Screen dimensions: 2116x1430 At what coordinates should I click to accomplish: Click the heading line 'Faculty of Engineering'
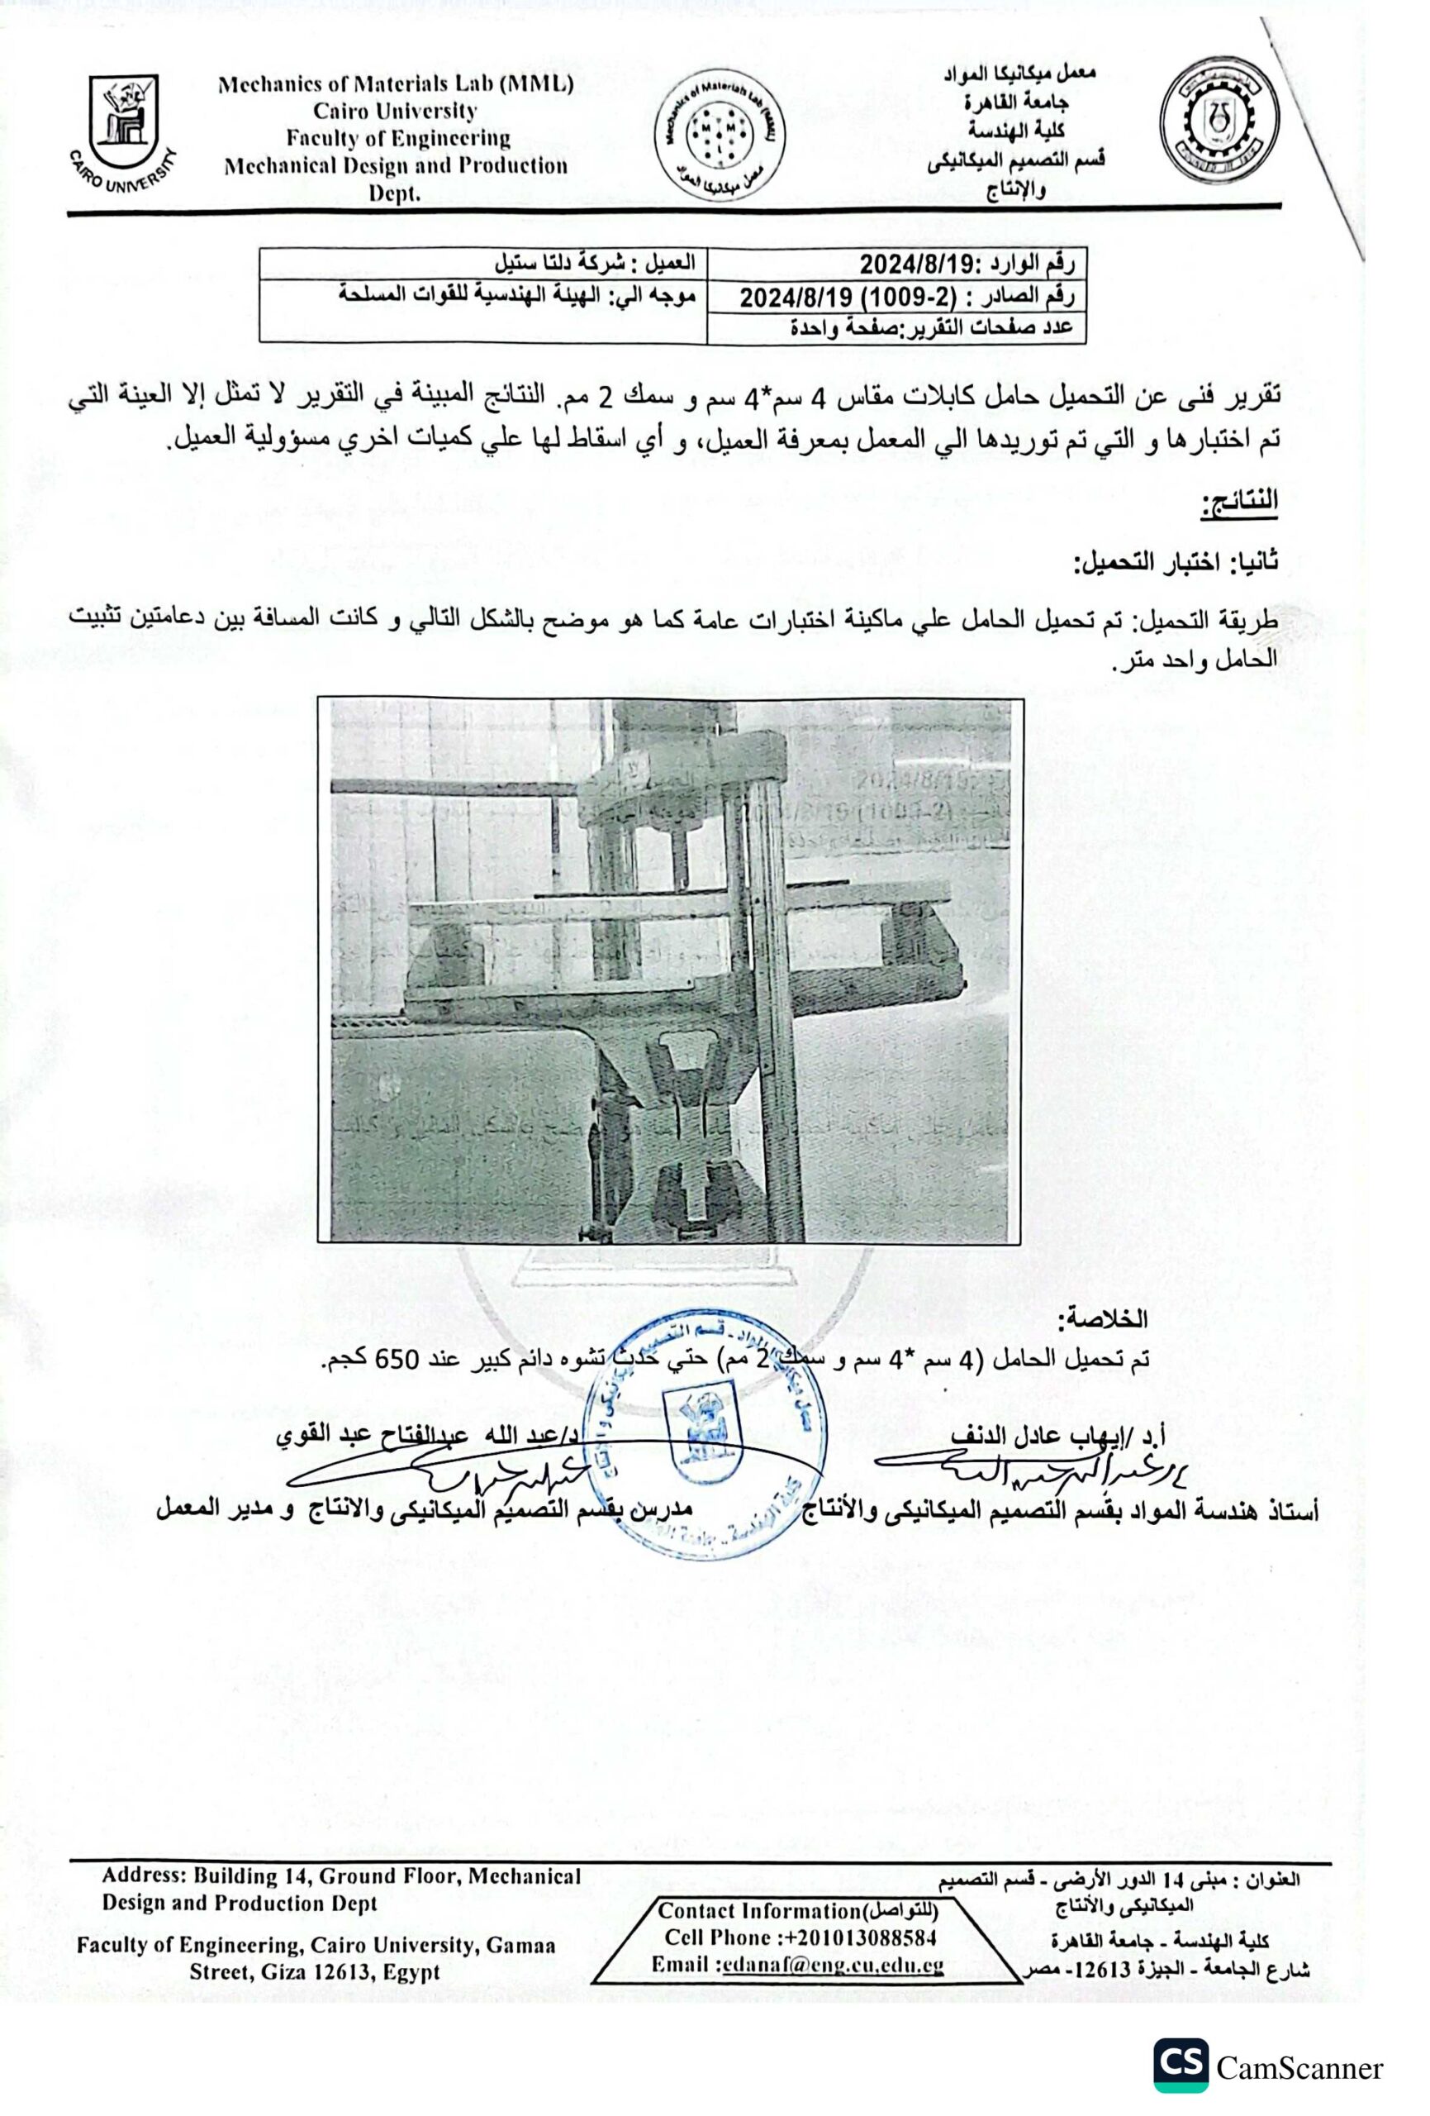pyautogui.click(x=398, y=138)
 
